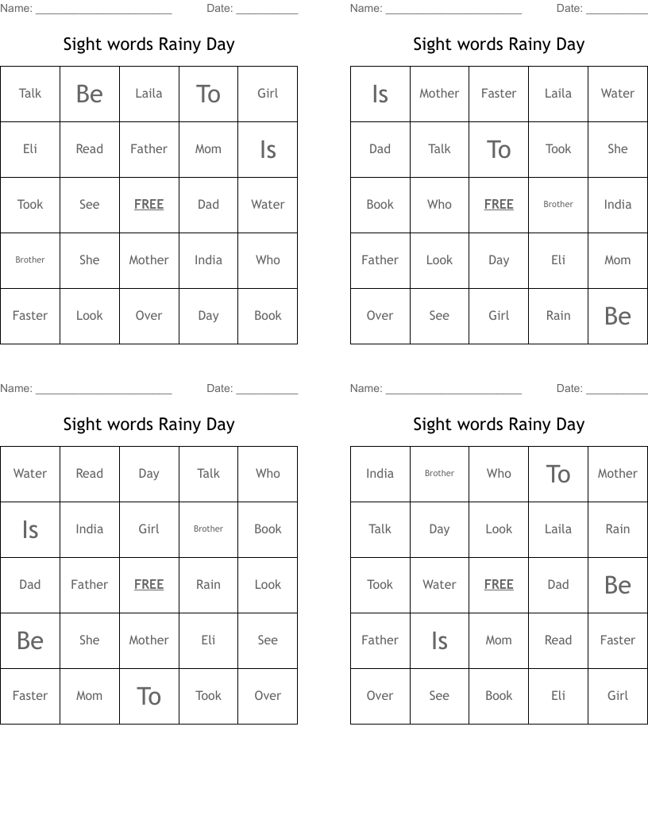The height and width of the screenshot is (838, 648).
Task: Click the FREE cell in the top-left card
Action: (148, 205)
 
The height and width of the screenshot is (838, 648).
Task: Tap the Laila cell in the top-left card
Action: (148, 94)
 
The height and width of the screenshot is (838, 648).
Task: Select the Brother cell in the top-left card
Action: (30, 260)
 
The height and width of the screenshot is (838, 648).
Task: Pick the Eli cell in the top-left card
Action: (30, 149)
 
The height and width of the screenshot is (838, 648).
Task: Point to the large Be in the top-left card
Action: (90, 94)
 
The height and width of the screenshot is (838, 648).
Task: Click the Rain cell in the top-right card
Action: (558, 316)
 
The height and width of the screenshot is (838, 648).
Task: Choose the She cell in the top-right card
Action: (618, 149)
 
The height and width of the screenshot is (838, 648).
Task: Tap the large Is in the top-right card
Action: (380, 94)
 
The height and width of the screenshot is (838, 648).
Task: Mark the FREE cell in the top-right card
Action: (499, 205)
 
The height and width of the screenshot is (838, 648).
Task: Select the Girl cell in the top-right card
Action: (499, 316)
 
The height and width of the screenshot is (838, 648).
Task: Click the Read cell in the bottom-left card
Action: (90, 474)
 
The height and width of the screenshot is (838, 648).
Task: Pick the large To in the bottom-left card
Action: (148, 696)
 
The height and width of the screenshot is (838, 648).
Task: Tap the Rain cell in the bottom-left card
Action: (208, 585)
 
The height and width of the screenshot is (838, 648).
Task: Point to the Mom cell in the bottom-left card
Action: (90, 696)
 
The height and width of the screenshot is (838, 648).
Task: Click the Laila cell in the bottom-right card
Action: (558, 529)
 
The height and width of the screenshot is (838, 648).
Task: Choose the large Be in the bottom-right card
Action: (618, 585)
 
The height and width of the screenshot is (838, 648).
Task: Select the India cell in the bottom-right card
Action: (380, 474)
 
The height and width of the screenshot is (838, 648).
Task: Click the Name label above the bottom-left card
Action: (16, 389)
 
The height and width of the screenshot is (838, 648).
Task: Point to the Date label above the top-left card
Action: (219, 9)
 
